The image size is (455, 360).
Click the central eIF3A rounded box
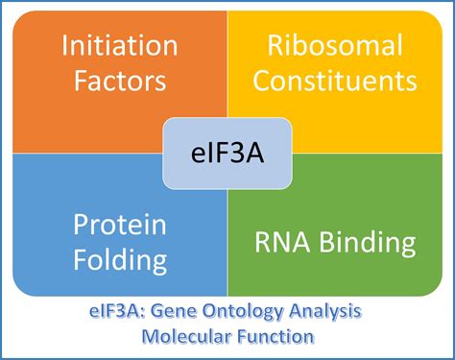227,152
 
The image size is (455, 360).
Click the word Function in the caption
270,338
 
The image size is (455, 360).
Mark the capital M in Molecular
147,338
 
